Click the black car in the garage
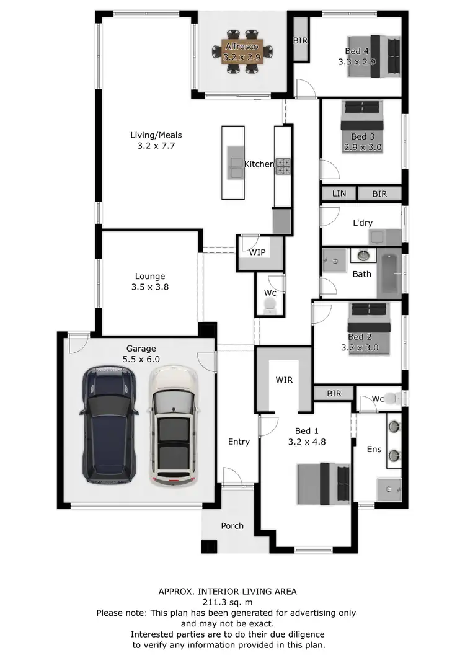(x=109, y=425)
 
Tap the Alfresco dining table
(x=242, y=51)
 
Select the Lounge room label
(x=150, y=277)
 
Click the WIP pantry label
(x=257, y=253)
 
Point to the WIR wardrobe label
(x=284, y=380)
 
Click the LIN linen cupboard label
(x=339, y=193)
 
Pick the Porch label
(x=232, y=526)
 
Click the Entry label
(x=239, y=442)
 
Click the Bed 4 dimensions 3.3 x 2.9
(x=357, y=62)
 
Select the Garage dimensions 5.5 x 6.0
(x=141, y=359)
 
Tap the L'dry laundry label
(x=363, y=223)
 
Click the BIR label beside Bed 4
(x=301, y=41)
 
